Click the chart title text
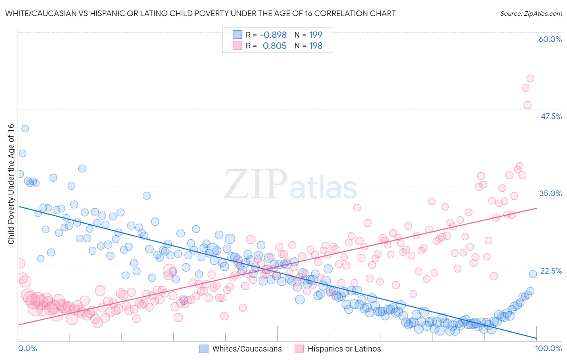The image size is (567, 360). (200, 13)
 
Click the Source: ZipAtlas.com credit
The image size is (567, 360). (531, 13)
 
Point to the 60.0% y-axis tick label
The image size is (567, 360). (550, 39)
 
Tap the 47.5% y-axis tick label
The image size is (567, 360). (551, 116)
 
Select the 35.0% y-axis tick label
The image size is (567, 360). (550, 193)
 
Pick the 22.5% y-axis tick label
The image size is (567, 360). (551, 271)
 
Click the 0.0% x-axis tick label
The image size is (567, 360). (27, 348)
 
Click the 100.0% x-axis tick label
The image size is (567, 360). (548, 348)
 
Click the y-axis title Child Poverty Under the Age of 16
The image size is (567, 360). (11, 184)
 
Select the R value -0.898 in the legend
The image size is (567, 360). (273, 35)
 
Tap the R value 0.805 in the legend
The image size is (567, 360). (274, 46)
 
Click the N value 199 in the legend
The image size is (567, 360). (315, 35)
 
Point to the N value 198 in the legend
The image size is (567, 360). (315, 46)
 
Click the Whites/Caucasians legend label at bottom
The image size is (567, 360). (247, 349)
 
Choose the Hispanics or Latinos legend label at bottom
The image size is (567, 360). (344, 349)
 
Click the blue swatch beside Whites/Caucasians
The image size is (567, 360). (204, 349)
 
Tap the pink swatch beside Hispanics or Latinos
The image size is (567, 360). (299, 349)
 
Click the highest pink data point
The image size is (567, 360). (530, 78)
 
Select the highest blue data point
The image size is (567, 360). (25, 129)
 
